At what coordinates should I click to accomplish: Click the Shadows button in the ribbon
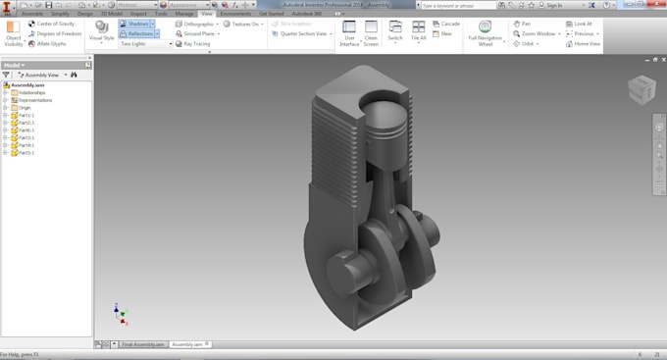coord(135,24)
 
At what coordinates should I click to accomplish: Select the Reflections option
coord(137,33)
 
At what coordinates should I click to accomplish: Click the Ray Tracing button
coord(193,44)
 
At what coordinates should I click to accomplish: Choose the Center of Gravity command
coord(52,24)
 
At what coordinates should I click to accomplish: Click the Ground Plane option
coord(197,33)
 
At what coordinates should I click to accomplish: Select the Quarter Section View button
coord(302,33)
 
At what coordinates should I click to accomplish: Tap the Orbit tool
coord(525,44)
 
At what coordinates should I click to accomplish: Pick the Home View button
coord(583,44)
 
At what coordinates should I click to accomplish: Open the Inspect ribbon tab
coord(138,14)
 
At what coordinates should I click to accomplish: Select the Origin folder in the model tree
coord(25,108)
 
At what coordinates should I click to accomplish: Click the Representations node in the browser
coord(35,100)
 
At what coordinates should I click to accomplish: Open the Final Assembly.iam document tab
coord(141,344)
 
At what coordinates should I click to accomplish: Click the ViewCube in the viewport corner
coord(641,90)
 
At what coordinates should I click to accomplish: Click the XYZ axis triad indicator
coord(120,315)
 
